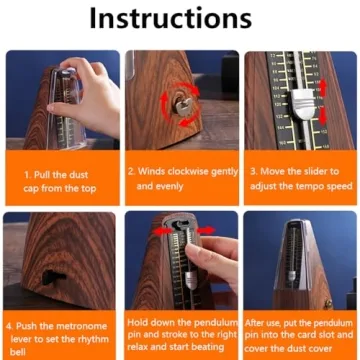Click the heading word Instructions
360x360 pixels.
(x=180, y=18)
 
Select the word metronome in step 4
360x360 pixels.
(x=83, y=326)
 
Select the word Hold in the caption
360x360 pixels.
(x=141, y=323)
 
